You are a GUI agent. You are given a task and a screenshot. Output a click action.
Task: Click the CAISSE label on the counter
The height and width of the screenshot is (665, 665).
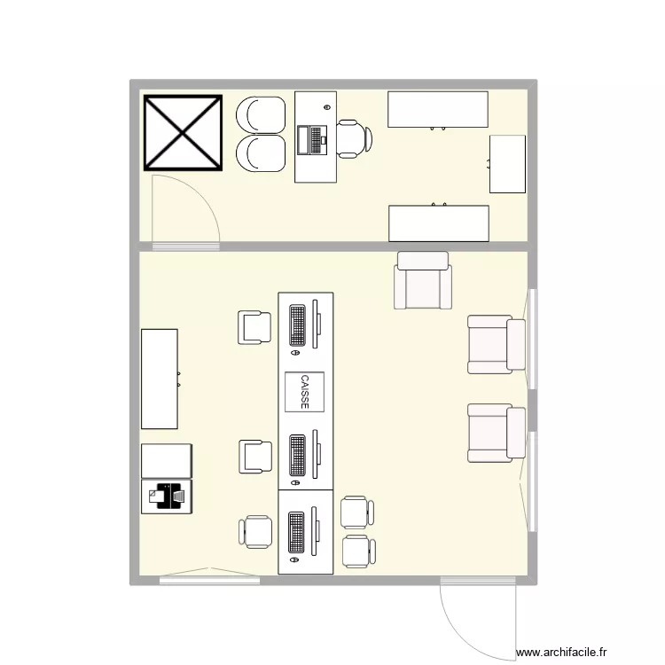tap(305, 391)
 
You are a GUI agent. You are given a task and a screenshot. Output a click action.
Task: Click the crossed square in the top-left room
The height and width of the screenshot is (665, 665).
tap(183, 132)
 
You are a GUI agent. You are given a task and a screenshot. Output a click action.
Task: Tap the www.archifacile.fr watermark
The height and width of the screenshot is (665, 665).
tap(563, 652)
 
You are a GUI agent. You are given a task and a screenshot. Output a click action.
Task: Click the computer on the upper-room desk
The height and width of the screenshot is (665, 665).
tap(313, 140)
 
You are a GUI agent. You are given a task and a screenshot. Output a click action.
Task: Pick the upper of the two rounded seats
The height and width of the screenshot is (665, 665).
tap(260, 114)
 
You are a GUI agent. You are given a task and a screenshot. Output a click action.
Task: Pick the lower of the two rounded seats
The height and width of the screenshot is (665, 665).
tap(260, 153)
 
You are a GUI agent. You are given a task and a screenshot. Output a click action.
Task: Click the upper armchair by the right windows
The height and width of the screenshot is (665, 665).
tap(496, 344)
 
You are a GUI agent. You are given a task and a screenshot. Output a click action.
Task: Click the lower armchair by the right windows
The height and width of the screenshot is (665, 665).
tap(496, 433)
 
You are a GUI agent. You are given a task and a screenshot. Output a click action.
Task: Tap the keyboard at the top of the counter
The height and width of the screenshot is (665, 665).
tap(297, 325)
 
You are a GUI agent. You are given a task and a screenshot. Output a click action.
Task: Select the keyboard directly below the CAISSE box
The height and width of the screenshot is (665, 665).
tap(297, 454)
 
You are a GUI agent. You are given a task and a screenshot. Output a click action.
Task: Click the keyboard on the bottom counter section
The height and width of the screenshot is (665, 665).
tap(297, 532)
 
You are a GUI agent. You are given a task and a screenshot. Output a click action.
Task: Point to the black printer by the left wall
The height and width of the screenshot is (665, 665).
tap(166, 497)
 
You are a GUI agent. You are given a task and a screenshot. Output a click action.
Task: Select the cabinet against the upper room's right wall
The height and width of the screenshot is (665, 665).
tap(508, 163)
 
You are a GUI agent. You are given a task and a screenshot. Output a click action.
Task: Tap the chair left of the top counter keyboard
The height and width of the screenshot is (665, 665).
tap(254, 327)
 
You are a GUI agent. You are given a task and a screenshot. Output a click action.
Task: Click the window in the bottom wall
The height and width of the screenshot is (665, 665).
tap(210, 580)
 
